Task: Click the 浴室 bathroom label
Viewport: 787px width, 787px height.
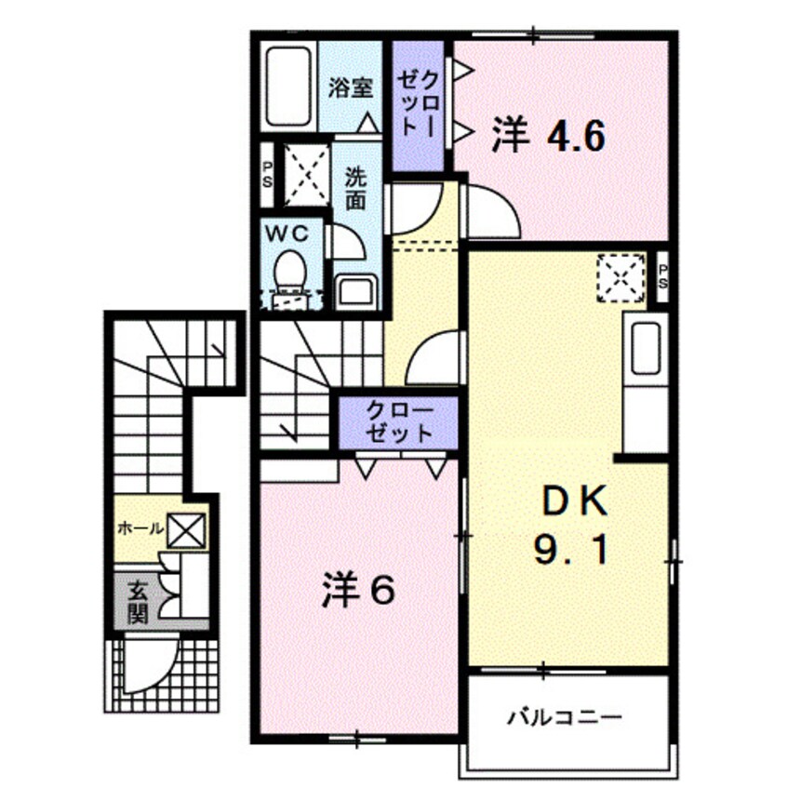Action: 352,87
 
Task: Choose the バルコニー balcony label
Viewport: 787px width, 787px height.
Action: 564,717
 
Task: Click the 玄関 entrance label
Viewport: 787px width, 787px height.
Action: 137,600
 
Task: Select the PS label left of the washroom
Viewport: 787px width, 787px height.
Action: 267,175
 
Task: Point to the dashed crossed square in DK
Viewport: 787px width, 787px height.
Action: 620,276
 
